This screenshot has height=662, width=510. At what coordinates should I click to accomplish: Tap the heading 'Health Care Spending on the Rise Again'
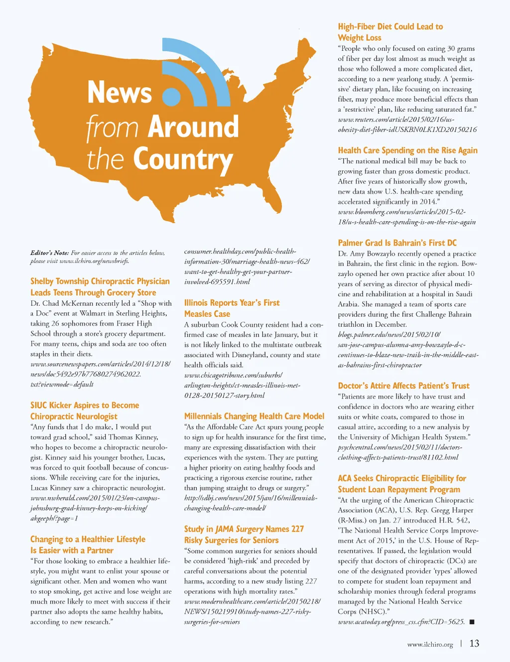point(407,150)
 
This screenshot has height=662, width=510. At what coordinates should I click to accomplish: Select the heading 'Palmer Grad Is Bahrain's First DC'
point(397,243)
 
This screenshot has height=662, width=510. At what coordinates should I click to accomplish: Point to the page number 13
point(474,644)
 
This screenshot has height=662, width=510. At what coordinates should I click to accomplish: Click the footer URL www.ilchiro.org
point(430,645)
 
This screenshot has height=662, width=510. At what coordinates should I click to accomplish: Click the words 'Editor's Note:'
point(49,253)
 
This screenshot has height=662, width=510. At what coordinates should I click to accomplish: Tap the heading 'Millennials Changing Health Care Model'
point(254,416)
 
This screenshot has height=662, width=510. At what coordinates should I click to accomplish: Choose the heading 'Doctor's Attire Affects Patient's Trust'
point(403,386)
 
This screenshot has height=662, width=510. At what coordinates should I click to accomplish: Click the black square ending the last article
point(472,622)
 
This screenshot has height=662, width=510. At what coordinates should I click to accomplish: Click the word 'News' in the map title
point(120,93)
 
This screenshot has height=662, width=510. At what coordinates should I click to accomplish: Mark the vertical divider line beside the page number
point(461,644)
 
